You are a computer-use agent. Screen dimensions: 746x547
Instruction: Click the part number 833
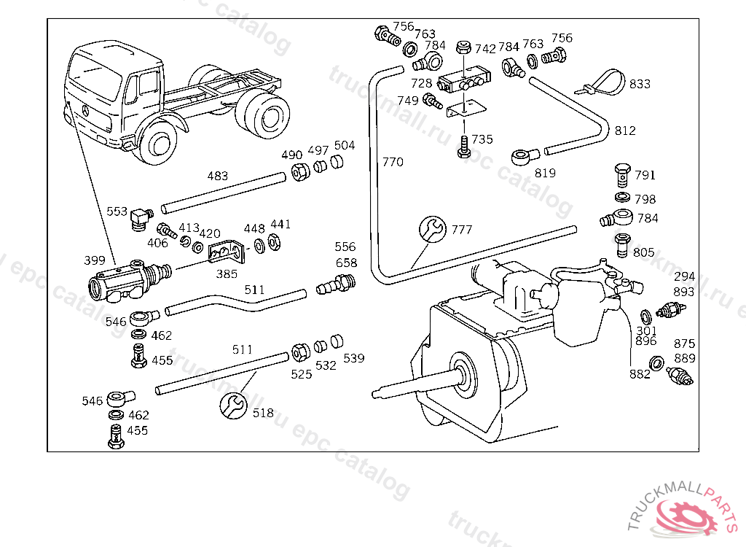click(x=640, y=84)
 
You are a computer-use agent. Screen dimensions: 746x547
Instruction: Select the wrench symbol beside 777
click(x=433, y=229)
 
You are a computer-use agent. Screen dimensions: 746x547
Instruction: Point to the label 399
click(x=94, y=260)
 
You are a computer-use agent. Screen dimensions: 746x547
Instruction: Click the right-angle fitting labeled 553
click(x=141, y=220)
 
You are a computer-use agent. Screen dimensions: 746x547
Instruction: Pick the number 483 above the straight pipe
click(x=217, y=176)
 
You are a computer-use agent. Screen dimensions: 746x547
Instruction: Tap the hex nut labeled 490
click(x=300, y=171)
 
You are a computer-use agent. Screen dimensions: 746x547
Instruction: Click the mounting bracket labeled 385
click(x=227, y=251)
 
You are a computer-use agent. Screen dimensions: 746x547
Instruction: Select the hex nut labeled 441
click(x=274, y=242)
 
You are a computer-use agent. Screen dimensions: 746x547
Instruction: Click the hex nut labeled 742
click(x=463, y=47)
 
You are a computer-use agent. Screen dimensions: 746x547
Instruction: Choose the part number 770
click(x=393, y=162)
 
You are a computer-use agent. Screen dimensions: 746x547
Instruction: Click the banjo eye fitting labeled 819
click(x=525, y=157)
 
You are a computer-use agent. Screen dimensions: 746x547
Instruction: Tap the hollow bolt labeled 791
click(x=622, y=176)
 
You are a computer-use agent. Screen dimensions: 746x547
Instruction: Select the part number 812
click(x=625, y=131)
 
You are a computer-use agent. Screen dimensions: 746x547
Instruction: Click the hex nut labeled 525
click(x=300, y=352)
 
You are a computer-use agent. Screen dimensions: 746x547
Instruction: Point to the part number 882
click(x=640, y=375)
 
